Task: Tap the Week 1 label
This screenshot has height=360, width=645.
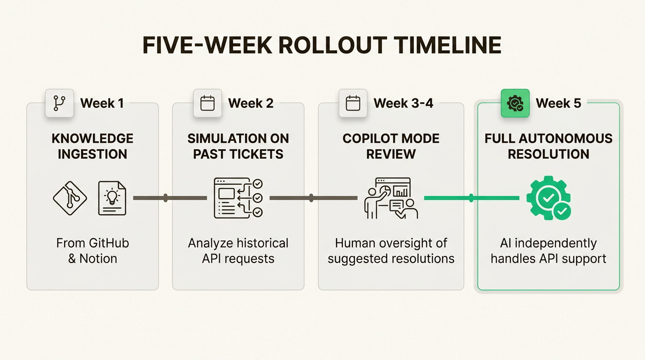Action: point(102,103)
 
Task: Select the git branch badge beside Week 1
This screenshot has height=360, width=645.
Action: point(60,103)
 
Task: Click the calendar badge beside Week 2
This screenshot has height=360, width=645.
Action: point(207,103)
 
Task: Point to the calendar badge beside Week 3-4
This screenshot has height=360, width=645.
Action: point(352,103)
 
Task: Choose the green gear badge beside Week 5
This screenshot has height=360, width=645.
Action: point(515,103)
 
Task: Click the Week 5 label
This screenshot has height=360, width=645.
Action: point(558,103)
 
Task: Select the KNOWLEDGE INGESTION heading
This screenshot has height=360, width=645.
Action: point(92,146)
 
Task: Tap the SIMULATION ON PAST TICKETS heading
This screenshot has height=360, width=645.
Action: point(238,146)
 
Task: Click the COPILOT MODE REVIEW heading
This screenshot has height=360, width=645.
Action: point(391,146)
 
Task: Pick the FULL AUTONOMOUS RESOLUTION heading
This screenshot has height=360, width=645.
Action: point(548,146)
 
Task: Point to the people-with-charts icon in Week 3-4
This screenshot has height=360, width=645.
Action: point(391,198)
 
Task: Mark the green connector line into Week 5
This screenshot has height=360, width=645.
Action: point(472,198)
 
